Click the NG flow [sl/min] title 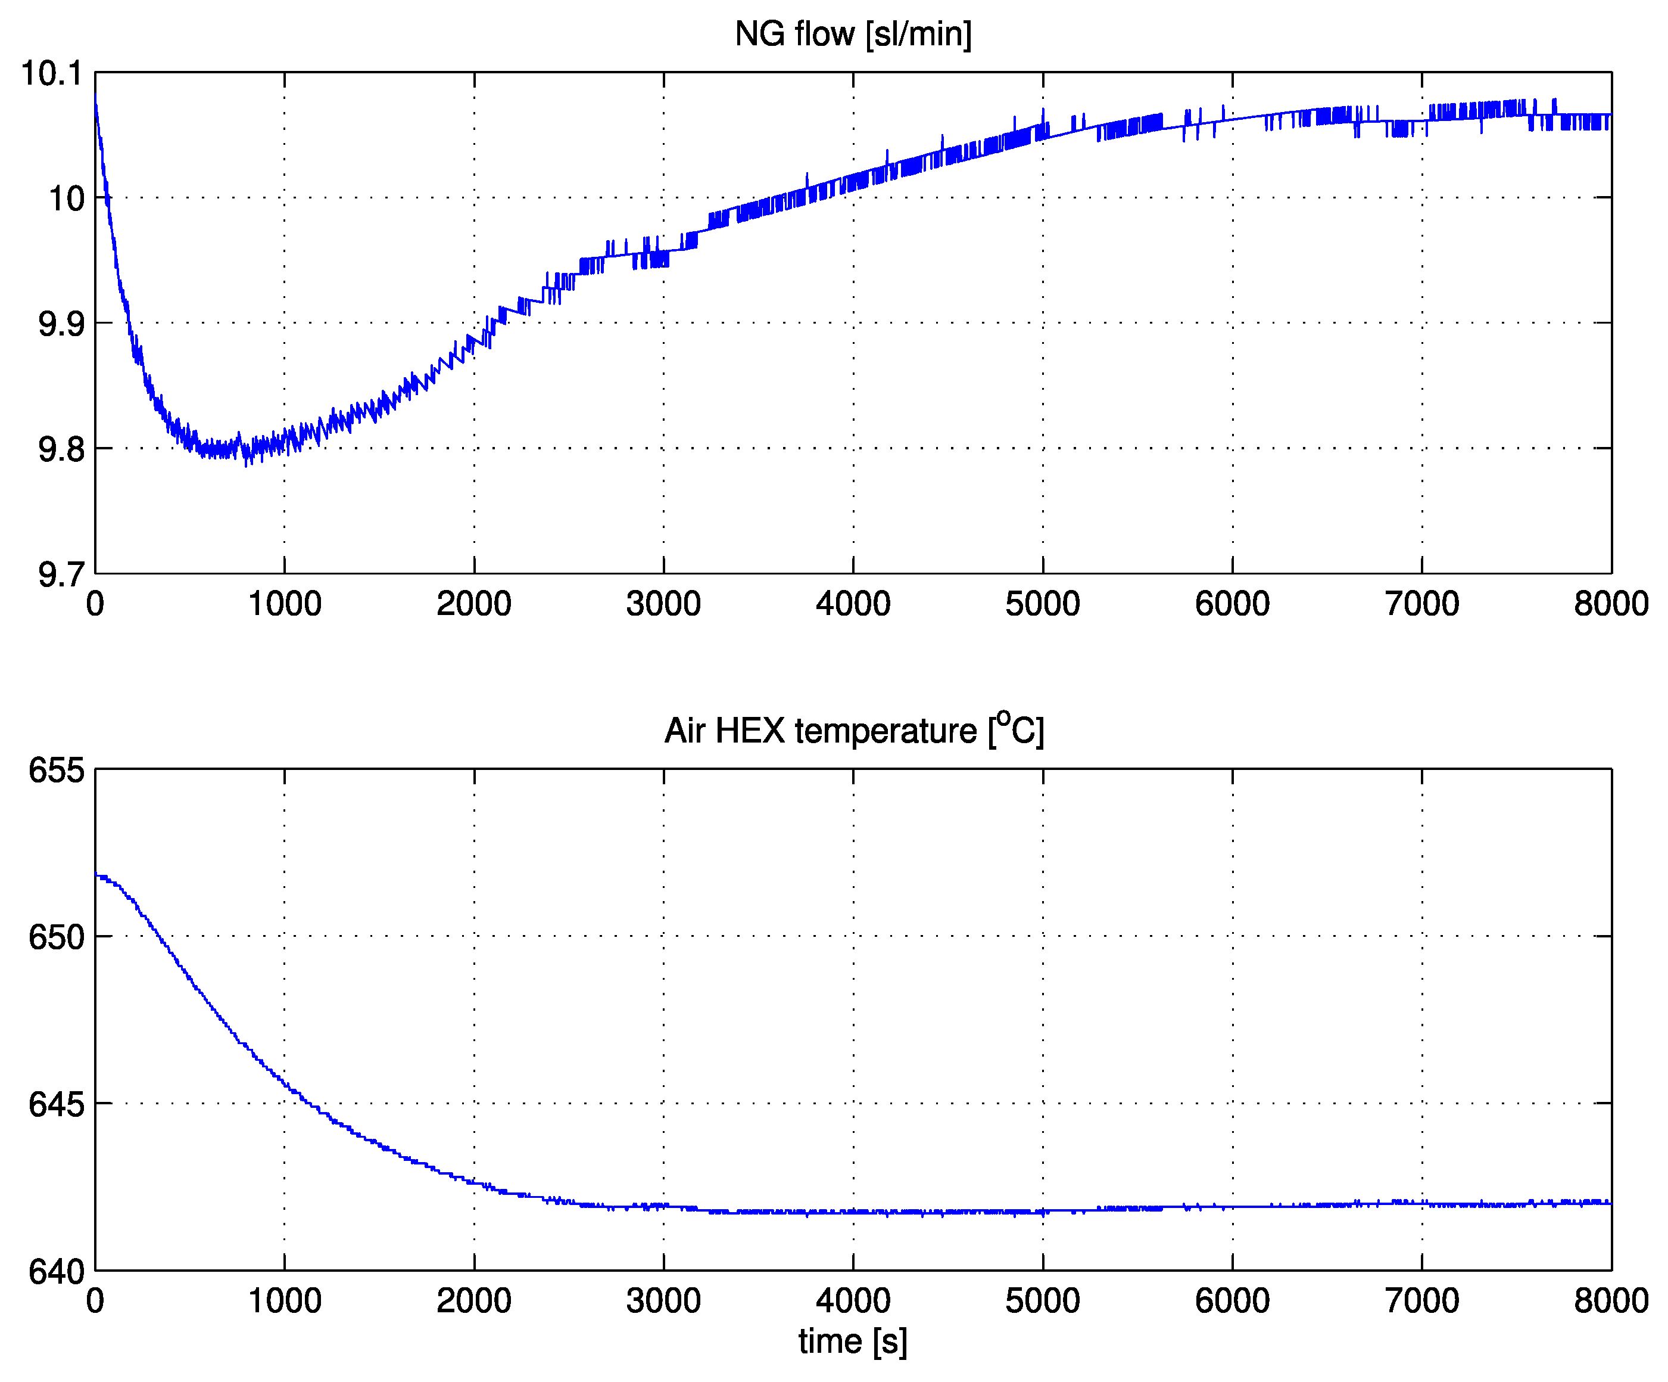point(853,34)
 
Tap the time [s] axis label point(853,1341)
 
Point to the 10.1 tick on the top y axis point(52,73)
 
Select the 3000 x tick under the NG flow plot point(663,604)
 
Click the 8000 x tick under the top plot point(1611,604)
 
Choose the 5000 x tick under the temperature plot point(1042,1301)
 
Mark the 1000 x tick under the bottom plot point(285,1301)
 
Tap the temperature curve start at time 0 point(96,875)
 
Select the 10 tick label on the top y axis point(67,198)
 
